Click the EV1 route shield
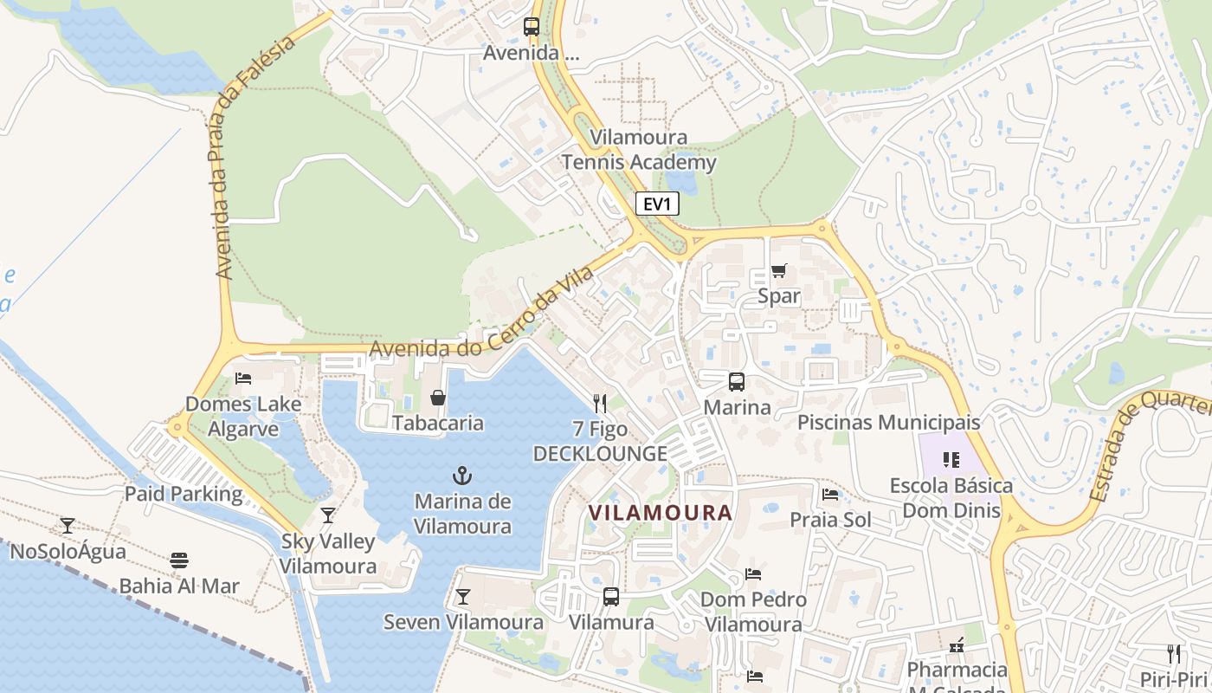658,204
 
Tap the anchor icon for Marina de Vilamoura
462,476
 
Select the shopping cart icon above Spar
778,271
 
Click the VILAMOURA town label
661,512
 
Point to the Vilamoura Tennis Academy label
639,150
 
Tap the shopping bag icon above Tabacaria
438,398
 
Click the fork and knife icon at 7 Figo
600,403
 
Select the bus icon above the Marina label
737,381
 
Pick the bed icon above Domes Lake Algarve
243,379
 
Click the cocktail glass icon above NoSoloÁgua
68,525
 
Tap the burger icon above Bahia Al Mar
179,560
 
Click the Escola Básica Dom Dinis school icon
951,460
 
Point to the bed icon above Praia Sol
830,495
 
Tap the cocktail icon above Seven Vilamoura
463,597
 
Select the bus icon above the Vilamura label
611,597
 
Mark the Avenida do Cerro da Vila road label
481,314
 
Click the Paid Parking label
184,494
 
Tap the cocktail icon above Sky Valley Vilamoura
328,515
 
